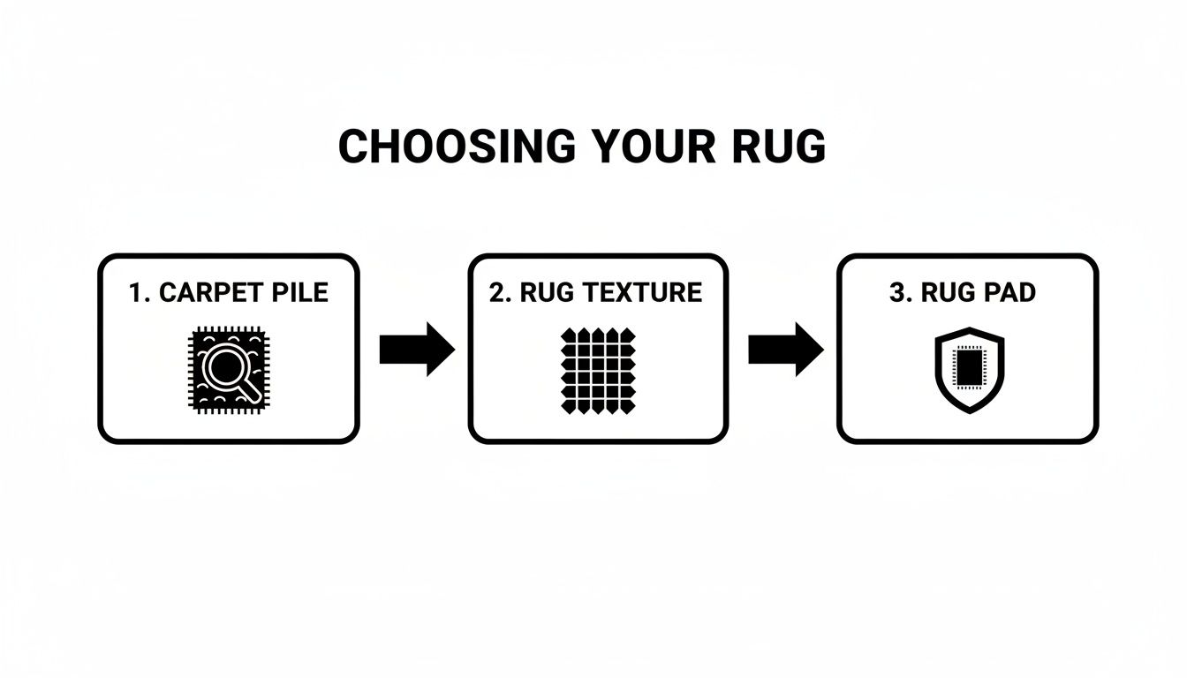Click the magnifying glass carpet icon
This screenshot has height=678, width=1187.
click(x=227, y=369)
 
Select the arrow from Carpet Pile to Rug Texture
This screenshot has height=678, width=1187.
click(x=416, y=350)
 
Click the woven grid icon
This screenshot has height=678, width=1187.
click(x=598, y=369)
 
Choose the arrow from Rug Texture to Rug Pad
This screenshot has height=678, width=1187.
click(x=785, y=350)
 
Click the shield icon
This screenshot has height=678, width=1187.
click(x=969, y=371)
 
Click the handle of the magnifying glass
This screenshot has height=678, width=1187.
click(x=251, y=388)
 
